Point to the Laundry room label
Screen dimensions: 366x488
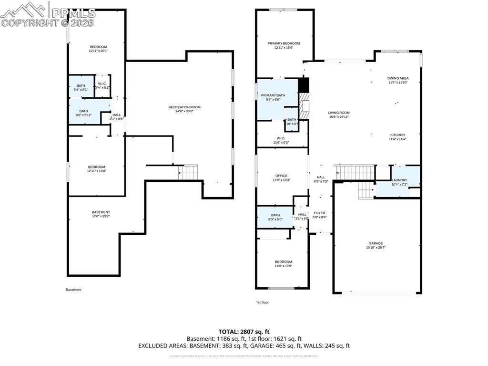tap(398, 180)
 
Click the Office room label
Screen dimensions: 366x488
tap(281, 176)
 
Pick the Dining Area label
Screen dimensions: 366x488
tap(398, 78)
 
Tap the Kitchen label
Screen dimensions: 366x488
tap(397, 135)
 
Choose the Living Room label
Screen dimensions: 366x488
tap(338, 113)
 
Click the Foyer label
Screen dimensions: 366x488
tap(319, 213)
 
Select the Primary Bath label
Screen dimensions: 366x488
tap(273, 95)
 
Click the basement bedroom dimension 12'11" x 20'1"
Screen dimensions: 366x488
tap(98, 51)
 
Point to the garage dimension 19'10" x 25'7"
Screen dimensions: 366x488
tap(376, 247)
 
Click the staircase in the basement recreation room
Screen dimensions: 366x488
tap(188, 172)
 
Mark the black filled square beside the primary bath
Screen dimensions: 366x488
tap(304, 85)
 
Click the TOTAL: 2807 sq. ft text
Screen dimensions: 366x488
tap(244, 331)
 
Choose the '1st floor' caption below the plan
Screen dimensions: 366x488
tap(262, 302)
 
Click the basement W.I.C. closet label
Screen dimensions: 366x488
tap(102, 82)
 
